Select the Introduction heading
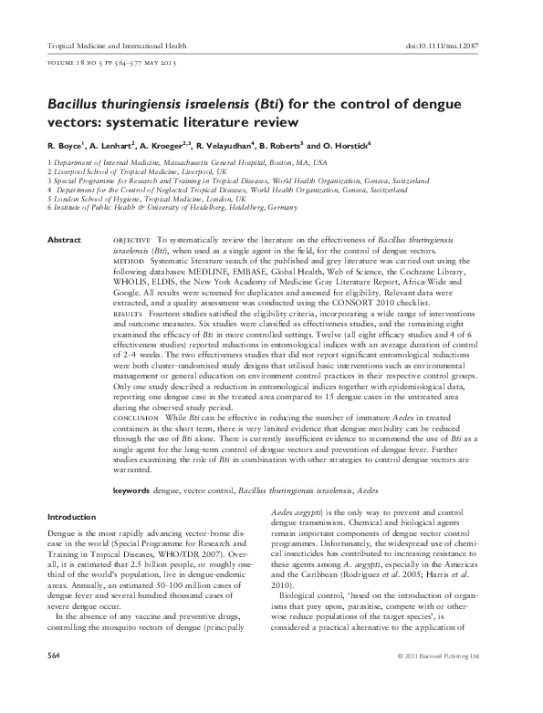(73, 517)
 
